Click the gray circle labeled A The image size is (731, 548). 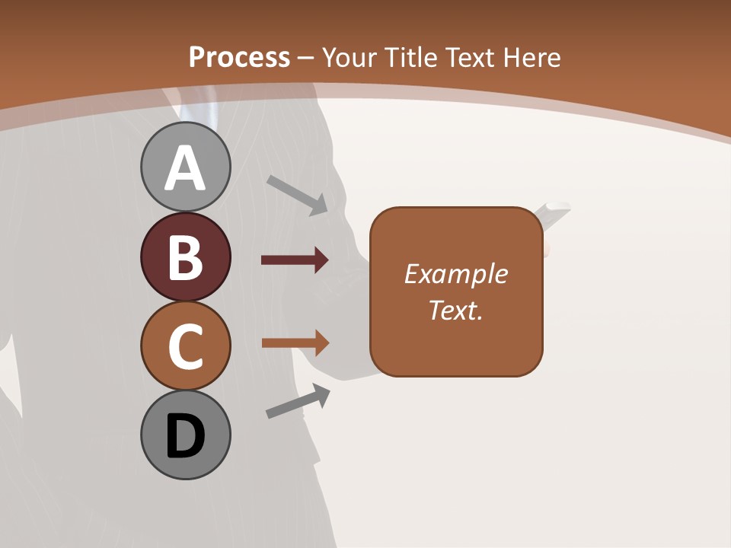185,167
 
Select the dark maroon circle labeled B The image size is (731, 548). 185,256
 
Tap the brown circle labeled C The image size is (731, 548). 185,346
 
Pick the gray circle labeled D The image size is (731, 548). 185,435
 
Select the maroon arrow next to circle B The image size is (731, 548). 295,260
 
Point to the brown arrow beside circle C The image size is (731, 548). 295,343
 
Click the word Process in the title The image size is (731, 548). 239,57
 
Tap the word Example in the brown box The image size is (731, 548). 455,274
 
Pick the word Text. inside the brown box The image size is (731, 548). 455,310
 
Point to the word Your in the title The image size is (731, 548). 350,57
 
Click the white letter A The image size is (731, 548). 185,168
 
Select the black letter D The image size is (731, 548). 185,436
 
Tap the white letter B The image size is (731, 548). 185,257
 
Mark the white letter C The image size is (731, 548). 185,346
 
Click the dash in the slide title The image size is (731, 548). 305,58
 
